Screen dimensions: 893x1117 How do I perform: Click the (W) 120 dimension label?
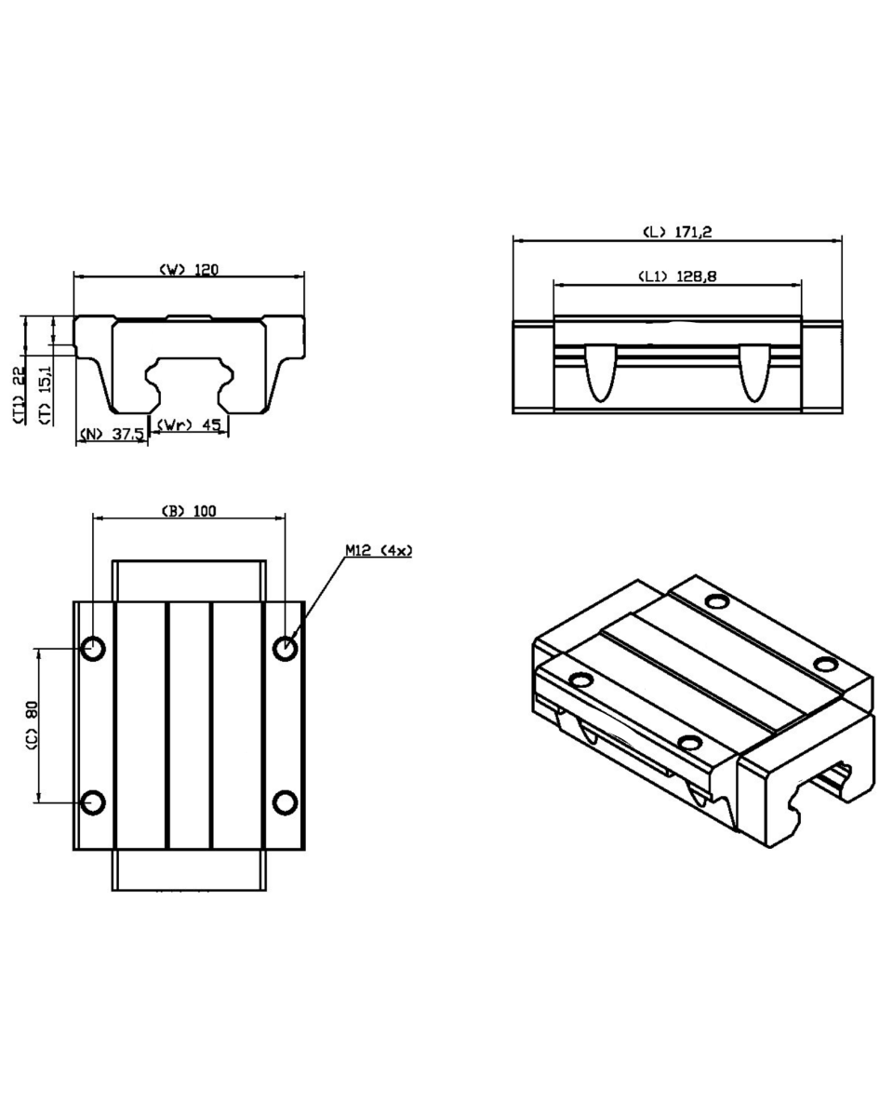click(x=188, y=269)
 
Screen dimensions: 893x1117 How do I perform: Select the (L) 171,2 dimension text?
click(x=677, y=232)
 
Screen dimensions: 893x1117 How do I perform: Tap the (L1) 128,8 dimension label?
click(x=676, y=276)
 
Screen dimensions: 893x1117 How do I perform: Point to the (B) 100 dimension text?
click(x=189, y=511)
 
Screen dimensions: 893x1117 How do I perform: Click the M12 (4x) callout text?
click(x=379, y=550)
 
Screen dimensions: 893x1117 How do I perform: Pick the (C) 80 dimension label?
click(x=32, y=724)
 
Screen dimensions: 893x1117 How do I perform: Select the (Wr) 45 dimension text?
click(x=188, y=424)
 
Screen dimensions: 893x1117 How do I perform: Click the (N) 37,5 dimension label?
click(x=112, y=434)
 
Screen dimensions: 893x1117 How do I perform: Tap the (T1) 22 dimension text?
click(x=19, y=396)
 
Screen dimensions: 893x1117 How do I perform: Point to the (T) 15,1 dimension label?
click(x=46, y=396)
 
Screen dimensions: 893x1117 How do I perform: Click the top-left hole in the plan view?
click(x=93, y=648)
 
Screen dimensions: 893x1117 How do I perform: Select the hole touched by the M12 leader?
click(x=285, y=648)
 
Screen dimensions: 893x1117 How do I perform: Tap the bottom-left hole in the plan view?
click(x=93, y=802)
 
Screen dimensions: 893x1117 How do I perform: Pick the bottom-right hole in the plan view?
click(x=285, y=802)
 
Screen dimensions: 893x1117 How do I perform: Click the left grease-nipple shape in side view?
click(x=601, y=372)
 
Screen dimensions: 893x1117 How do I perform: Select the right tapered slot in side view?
click(x=754, y=372)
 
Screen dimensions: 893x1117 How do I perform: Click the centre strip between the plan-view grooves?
click(x=190, y=725)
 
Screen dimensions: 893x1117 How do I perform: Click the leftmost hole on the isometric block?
click(x=580, y=679)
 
